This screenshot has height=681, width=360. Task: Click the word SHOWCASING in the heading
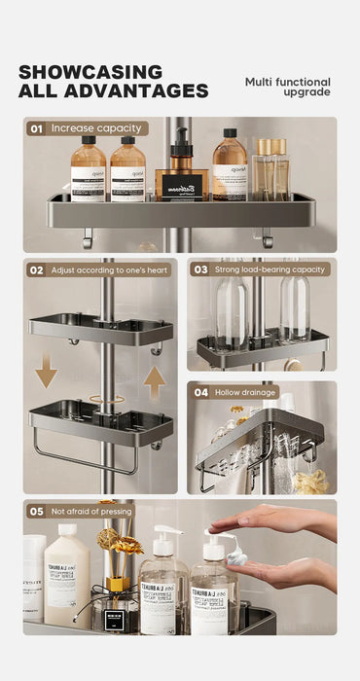(90, 72)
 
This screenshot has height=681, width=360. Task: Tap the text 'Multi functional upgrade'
(287, 87)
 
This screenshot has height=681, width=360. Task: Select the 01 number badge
(36, 127)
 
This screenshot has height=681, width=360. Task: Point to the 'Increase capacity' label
(96, 127)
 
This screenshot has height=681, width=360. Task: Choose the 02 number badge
(36, 269)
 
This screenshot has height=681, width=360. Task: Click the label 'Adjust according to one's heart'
(110, 269)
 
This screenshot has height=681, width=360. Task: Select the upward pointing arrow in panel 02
(155, 380)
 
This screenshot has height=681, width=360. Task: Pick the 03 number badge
(200, 269)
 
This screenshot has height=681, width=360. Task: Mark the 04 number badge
(200, 392)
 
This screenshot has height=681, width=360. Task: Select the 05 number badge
(36, 511)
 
